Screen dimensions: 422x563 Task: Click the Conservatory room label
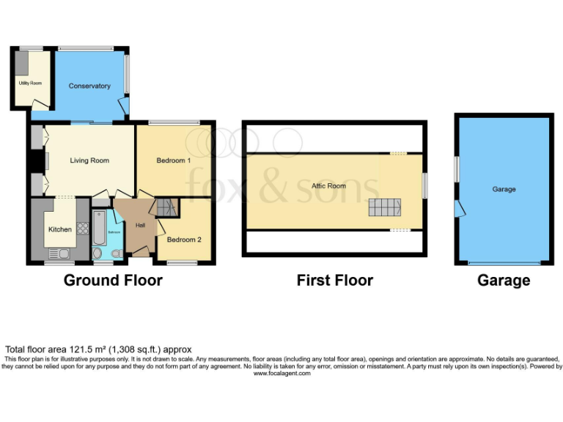[x=89, y=86]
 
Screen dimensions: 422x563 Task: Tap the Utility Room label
[x=29, y=84]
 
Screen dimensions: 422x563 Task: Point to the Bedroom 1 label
[x=174, y=160]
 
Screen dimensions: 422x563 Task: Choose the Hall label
[x=139, y=225]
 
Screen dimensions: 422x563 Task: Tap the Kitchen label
[x=60, y=229]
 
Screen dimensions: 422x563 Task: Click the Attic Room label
[x=328, y=186]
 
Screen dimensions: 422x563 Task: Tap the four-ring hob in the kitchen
[x=79, y=217]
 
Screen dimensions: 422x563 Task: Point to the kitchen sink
[x=56, y=254]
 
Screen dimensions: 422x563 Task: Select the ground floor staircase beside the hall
[x=168, y=207]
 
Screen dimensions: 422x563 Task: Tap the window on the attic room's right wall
[x=424, y=185]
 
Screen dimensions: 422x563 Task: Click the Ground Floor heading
[x=113, y=280]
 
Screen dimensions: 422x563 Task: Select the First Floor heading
[x=334, y=280]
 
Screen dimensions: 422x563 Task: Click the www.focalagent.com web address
[x=281, y=373]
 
